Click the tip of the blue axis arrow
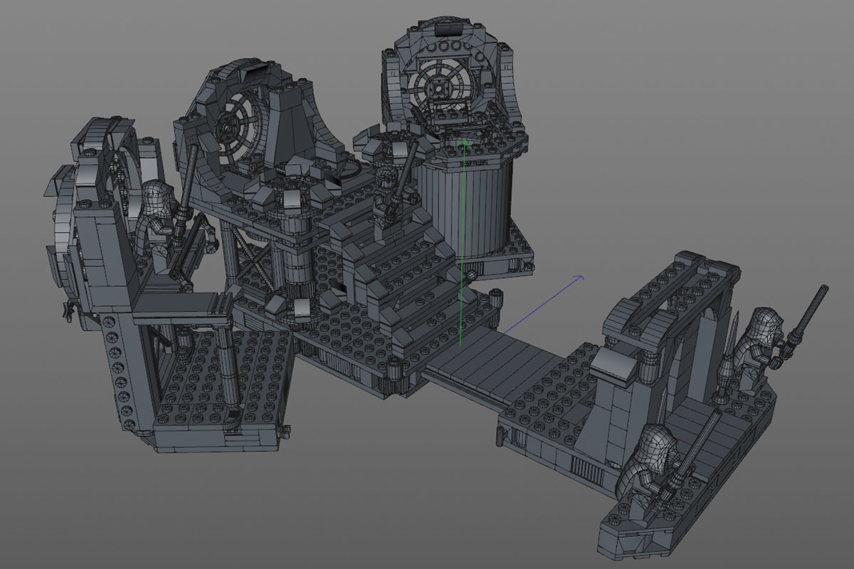click(x=583, y=276)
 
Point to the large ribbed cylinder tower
click(x=465, y=206)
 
